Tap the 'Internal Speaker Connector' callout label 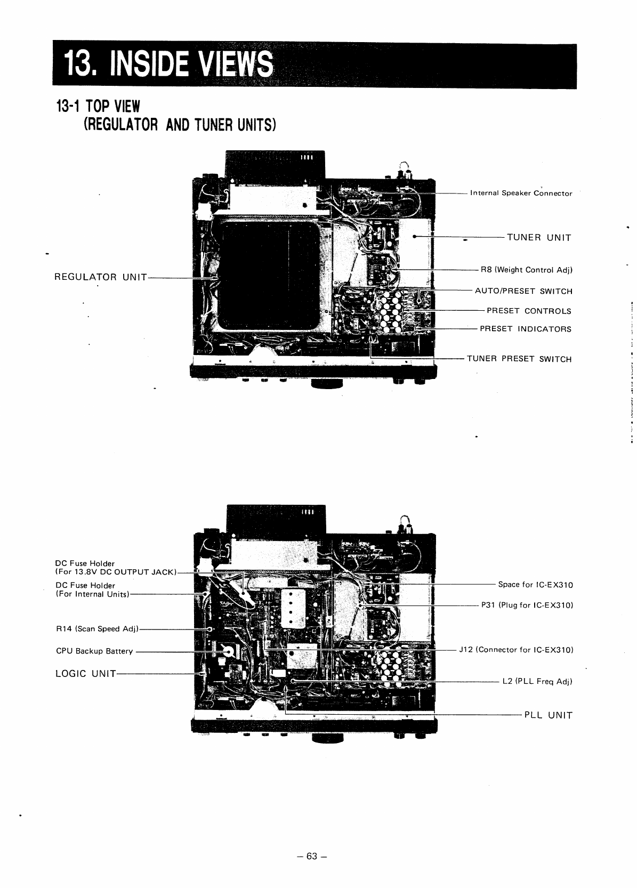tap(521, 193)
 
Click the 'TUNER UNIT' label tap(539, 238)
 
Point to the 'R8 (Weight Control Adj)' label tap(526, 270)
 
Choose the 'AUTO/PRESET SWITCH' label tap(523, 292)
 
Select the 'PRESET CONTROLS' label tap(529, 311)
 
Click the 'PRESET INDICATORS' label tap(526, 329)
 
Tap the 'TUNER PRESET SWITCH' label tap(519, 359)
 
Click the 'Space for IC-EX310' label tap(535, 585)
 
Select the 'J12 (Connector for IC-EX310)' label tap(516, 650)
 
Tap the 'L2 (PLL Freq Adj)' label tap(537, 682)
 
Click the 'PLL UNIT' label tap(549, 715)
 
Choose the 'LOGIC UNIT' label tap(86, 674)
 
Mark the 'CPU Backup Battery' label tap(94, 651)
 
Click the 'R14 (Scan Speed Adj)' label tap(97, 629)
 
